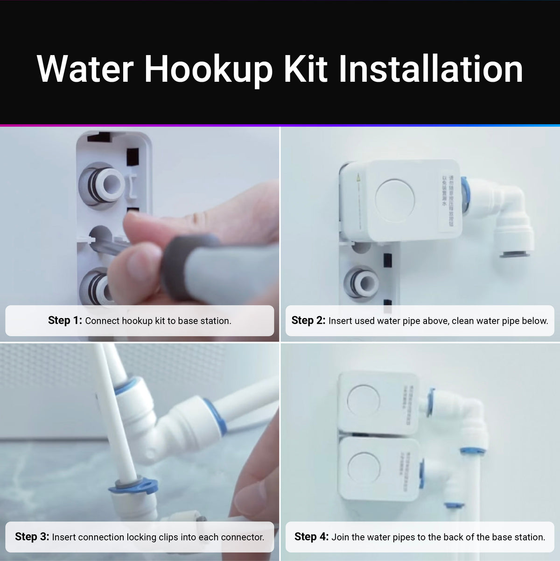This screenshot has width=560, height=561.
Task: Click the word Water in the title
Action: click(85, 69)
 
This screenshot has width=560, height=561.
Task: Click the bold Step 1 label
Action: click(65, 320)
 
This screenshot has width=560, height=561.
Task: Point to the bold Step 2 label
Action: click(308, 320)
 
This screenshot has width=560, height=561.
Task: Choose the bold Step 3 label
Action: click(32, 537)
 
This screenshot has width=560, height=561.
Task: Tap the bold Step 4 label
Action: click(311, 537)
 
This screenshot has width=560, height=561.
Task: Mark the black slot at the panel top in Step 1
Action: click(99, 137)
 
